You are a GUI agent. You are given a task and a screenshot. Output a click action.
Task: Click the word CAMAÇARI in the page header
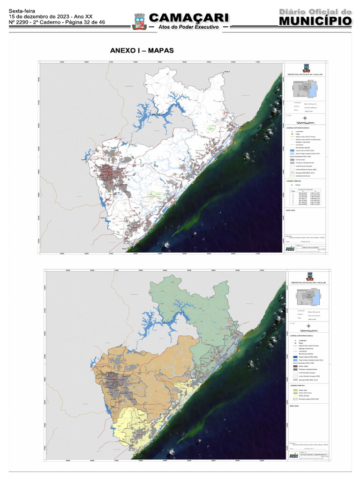point(189,18)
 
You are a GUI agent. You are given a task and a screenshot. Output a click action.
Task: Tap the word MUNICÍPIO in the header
point(315,21)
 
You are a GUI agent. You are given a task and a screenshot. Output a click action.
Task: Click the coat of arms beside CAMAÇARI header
point(139,21)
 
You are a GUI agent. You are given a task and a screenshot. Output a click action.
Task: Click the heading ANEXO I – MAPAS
point(142,50)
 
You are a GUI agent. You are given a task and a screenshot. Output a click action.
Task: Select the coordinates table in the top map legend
point(305,198)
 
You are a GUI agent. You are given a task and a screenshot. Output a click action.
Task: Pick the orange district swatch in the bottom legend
point(295,389)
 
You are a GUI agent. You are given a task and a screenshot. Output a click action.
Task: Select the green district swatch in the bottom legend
point(295,392)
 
